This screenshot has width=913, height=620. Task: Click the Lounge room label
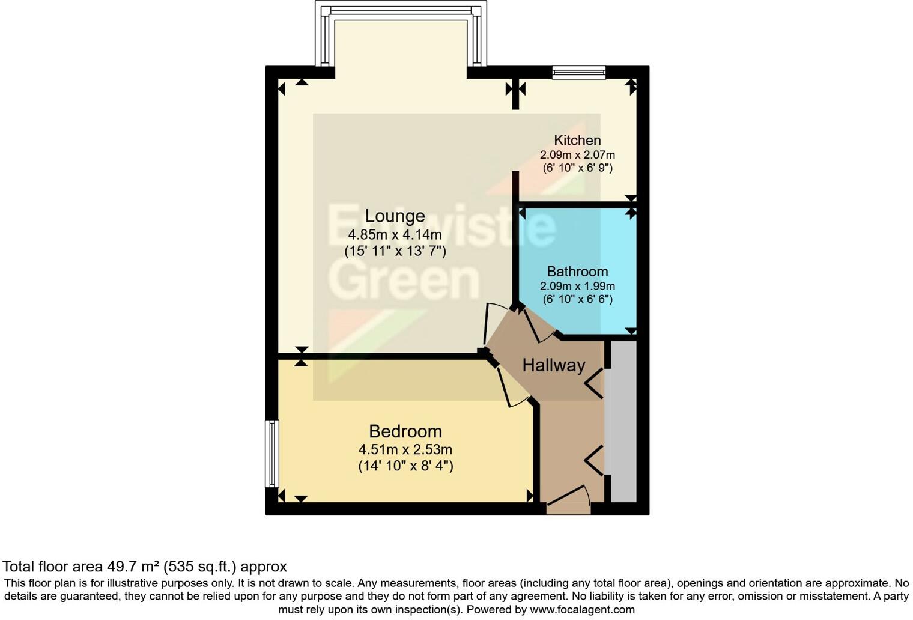[x=395, y=216]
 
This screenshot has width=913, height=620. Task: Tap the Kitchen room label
[x=577, y=141]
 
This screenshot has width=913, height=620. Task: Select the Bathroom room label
[x=577, y=272]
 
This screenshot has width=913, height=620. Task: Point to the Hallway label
[x=553, y=365]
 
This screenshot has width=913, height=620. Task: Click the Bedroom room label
[x=405, y=431]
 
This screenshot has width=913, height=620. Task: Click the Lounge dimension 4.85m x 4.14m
[x=395, y=234]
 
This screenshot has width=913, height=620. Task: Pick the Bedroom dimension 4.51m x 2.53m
[x=405, y=449]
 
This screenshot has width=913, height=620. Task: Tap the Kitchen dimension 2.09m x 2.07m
[x=577, y=155]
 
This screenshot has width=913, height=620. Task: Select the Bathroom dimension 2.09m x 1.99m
[x=577, y=287]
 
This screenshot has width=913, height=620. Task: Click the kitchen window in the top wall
[x=579, y=73]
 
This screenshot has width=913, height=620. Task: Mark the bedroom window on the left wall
[x=272, y=453]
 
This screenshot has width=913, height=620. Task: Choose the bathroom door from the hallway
[x=538, y=324]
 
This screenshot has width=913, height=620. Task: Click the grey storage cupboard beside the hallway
[x=623, y=421]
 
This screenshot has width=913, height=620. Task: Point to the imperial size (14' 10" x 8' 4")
[x=405, y=466]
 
